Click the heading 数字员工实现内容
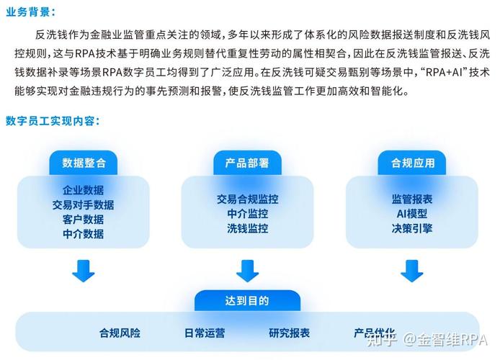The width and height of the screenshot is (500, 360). [x=52, y=120]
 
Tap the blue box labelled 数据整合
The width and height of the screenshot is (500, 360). [x=83, y=163]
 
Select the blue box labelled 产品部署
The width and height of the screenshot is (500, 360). [x=247, y=163]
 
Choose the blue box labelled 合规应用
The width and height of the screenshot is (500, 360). [x=413, y=163]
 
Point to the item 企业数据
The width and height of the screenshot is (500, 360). [x=83, y=190]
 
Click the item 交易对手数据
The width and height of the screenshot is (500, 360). [x=83, y=204]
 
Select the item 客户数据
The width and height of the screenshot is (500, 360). [x=83, y=219]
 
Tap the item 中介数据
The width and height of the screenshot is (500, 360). [x=83, y=233]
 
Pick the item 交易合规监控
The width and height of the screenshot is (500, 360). [x=247, y=199]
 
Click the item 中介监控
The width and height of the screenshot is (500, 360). [x=247, y=214]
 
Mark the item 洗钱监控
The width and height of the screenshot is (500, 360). [x=247, y=228]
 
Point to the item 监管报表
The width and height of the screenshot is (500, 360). [x=412, y=199]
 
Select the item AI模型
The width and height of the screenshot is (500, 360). [x=412, y=214]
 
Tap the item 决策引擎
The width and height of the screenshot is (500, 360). [x=412, y=228]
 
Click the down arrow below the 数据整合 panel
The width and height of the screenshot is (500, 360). [x=83, y=271]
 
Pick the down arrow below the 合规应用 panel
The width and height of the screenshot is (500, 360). [x=412, y=271]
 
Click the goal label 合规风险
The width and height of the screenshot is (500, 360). [x=120, y=333]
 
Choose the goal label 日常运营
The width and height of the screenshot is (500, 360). [x=205, y=333]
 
